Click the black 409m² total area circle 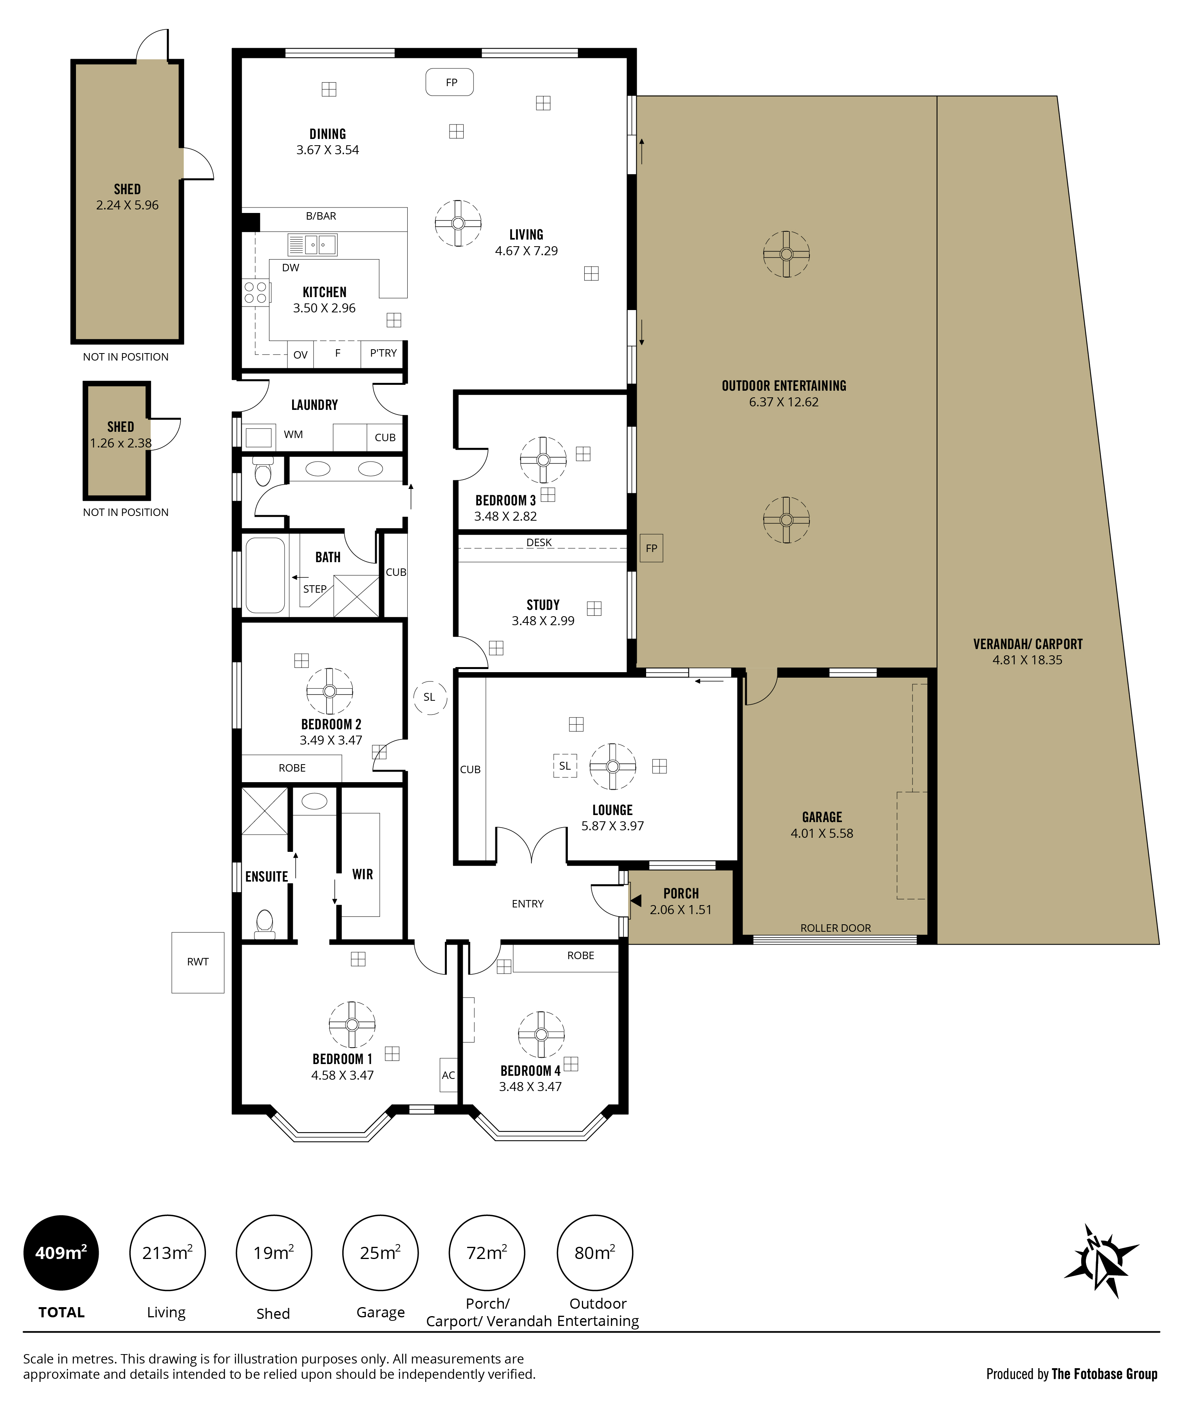click(x=61, y=1253)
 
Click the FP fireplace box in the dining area click(x=450, y=83)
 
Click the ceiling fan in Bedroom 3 click(x=543, y=460)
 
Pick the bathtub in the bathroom click(x=265, y=575)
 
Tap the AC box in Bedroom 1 click(x=448, y=1075)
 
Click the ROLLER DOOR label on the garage click(x=836, y=928)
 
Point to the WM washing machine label click(x=293, y=435)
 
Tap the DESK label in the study click(x=539, y=542)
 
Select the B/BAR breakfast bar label click(x=321, y=216)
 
